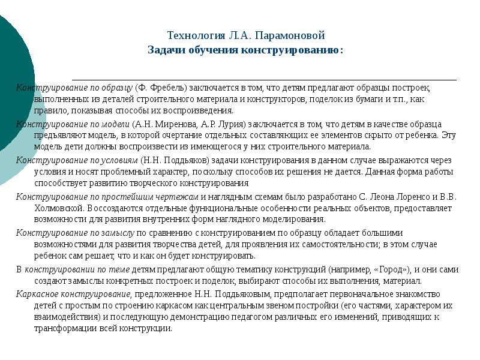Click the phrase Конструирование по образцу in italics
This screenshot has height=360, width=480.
click(74, 88)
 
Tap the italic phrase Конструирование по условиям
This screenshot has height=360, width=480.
click(77, 161)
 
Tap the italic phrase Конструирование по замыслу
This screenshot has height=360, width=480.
click(75, 233)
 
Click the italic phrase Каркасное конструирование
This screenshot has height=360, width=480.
click(73, 294)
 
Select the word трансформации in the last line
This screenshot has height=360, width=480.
click(61, 329)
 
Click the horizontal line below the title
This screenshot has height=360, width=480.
click(264, 79)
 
